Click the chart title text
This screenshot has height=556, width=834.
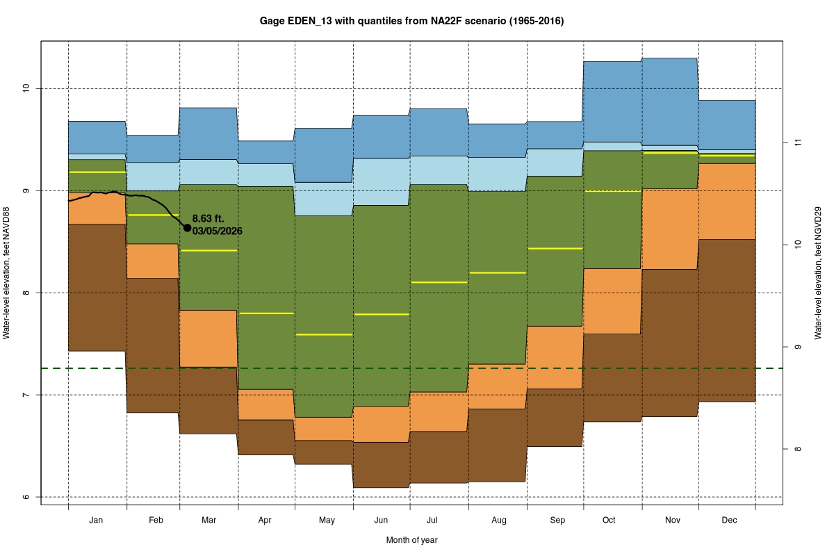click(x=411, y=21)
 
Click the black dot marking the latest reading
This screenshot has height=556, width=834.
click(x=187, y=227)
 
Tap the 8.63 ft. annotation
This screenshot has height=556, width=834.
click(x=208, y=219)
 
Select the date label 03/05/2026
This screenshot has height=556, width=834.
click(x=217, y=231)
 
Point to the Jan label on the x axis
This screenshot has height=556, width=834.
click(x=97, y=520)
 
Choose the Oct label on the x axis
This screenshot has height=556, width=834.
click(x=609, y=520)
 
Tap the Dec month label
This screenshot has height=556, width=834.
click(x=729, y=520)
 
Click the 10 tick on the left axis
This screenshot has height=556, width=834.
click(x=26, y=88)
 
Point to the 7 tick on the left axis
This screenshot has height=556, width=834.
click(x=26, y=395)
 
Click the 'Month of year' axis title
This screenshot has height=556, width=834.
click(x=411, y=540)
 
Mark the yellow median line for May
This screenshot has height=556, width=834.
click(x=325, y=334)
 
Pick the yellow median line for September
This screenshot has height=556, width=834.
click(x=555, y=248)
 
